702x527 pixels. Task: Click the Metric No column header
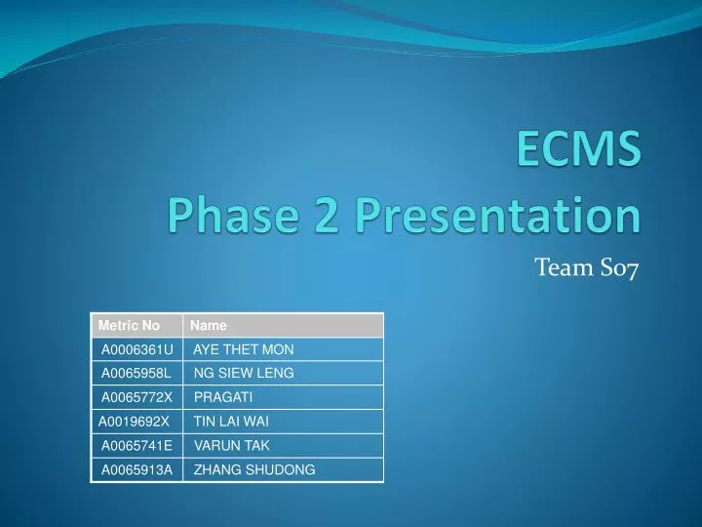pos(130,326)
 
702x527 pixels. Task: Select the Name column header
pos(209,326)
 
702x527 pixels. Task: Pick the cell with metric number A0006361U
pos(137,349)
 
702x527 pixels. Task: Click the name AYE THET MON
pos(244,349)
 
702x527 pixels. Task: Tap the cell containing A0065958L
pos(136,373)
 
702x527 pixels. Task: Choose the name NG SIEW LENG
pos(244,373)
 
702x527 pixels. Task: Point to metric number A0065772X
pos(137,397)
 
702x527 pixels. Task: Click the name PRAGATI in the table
pos(223,397)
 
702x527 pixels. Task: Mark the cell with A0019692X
pos(134,422)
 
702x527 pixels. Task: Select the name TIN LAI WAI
pos(231,422)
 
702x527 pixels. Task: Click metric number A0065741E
pos(137,446)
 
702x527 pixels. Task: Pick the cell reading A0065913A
pos(137,470)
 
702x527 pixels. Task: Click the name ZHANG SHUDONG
pos(254,470)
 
